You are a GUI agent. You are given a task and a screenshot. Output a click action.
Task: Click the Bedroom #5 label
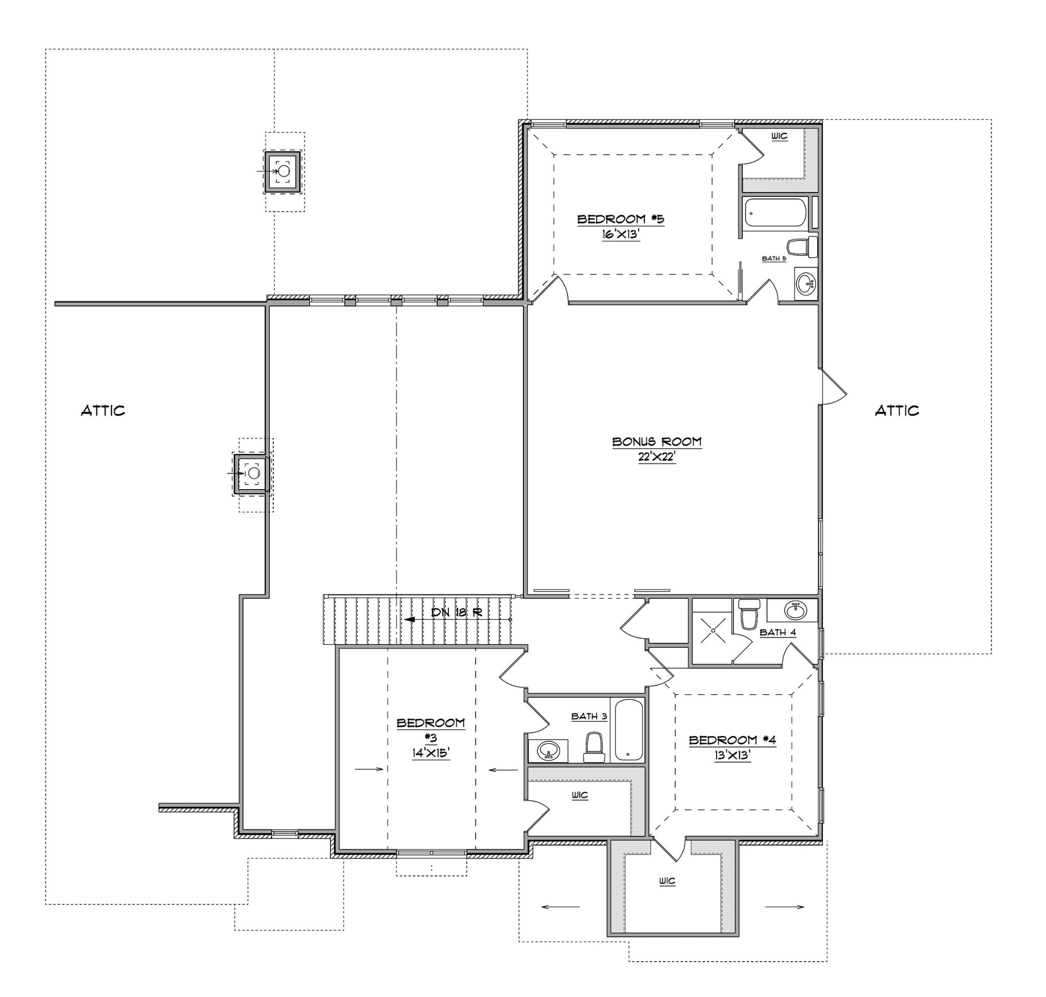621,219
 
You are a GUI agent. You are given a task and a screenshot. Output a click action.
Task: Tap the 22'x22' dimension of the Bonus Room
657,457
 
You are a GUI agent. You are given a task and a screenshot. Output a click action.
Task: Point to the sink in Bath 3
548,751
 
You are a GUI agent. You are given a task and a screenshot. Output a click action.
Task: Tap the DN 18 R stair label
456,612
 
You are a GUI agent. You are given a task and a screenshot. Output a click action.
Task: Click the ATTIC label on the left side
103,410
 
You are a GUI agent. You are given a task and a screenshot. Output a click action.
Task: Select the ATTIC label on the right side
896,410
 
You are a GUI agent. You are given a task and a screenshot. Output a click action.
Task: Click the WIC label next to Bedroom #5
779,137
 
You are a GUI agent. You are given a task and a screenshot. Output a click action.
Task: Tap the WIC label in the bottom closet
668,881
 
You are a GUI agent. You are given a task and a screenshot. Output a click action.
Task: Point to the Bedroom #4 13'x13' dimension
732,755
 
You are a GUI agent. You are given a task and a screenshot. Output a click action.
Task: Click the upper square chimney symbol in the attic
283,171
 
